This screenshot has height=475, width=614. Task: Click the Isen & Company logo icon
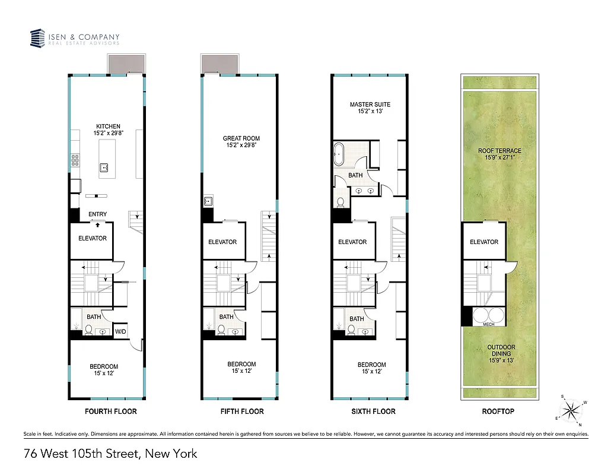pyautogui.click(x=38, y=39)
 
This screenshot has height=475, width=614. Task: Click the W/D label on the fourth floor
pyautogui.click(x=120, y=331)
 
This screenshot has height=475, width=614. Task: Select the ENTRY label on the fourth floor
pyautogui.click(x=97, y=214)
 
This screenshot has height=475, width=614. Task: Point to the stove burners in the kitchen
pyautogui.click(x=76, y=160)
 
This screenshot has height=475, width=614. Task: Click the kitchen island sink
pyautogui.click(x=104, y=168)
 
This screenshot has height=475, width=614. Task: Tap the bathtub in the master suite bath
pyautogui.click(x=340, y=154)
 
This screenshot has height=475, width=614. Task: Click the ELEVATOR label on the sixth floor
pyautogui.click(x=352, y=242)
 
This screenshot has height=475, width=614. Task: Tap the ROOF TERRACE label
pyautogui.click(x=500, y=154)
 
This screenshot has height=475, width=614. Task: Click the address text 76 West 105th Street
pyautogui.click(x=110, y=454)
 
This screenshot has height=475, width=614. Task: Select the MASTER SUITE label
pyautogui.click(x=370, y=108)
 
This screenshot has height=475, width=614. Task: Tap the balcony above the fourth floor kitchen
pyautogui.click(x=126, y=64)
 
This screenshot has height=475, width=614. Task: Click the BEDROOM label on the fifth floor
pyautogui.click(x=241, y=368)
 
